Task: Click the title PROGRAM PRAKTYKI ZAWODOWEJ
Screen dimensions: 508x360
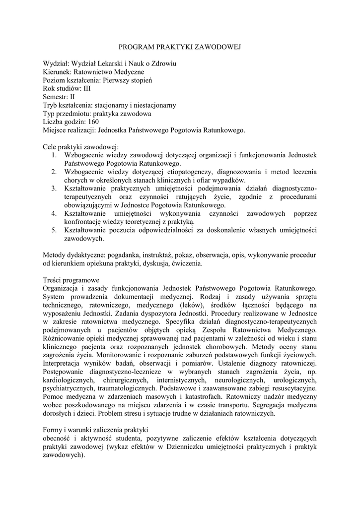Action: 180,47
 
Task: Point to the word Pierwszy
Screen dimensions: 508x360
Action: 122,80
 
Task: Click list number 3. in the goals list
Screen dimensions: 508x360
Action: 55,189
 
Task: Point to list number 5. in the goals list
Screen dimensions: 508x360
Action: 55,231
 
